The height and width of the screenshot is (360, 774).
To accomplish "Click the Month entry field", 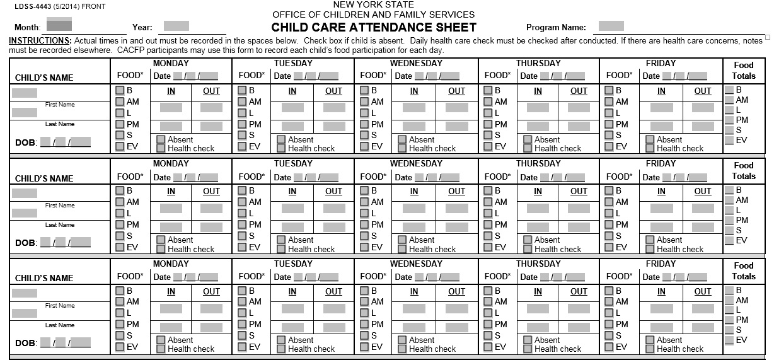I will [59, 25].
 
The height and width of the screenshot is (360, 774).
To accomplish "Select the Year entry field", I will [176, 26].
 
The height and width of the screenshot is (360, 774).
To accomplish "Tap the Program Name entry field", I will [611, 26].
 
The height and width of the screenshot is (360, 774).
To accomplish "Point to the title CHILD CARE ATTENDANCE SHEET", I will [374, 27].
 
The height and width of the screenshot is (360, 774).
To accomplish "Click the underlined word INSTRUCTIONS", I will [36, 41].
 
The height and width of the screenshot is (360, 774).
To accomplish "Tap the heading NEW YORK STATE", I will [374, 5].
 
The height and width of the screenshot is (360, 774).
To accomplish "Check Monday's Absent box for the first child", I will [161, 139].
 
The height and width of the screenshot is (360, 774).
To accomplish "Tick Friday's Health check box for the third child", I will [650, 349].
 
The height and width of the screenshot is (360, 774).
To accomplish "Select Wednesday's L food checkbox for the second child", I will [364, 213].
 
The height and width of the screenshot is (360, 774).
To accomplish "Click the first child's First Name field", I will [25, 93].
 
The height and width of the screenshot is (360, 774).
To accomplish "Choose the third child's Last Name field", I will [25, 313].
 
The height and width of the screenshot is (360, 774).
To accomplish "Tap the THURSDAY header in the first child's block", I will [538, 63].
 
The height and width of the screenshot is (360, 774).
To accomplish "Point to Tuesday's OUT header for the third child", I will [333, 291].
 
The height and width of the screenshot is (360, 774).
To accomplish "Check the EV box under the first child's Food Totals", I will [729, 140].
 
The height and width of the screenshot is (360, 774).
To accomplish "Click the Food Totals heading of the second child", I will [743, 170].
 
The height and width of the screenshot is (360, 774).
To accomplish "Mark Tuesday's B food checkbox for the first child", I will [243, 90].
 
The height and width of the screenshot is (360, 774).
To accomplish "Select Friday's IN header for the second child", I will [661, 191].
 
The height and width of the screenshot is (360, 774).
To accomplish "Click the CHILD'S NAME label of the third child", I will [44, 278].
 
